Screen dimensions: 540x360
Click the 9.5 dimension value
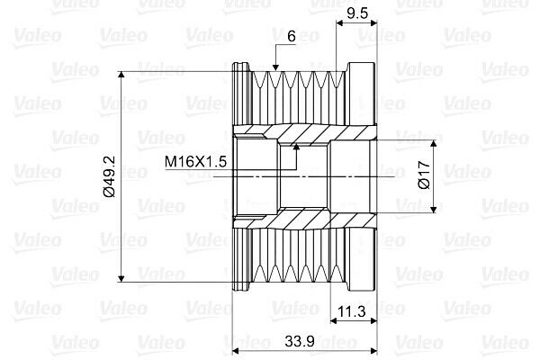(358, 13)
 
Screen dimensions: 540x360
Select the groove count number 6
(292, 36)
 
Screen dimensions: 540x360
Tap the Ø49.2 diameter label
(110, 176)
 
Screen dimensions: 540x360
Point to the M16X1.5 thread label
(195, 161)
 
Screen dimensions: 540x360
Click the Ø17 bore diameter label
(424, 175)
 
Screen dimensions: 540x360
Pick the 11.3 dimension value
(351, 311)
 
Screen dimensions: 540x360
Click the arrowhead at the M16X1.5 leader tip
(296, 147)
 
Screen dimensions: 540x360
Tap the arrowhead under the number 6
(275, 67)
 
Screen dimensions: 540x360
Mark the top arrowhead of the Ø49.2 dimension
(121, 75)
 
